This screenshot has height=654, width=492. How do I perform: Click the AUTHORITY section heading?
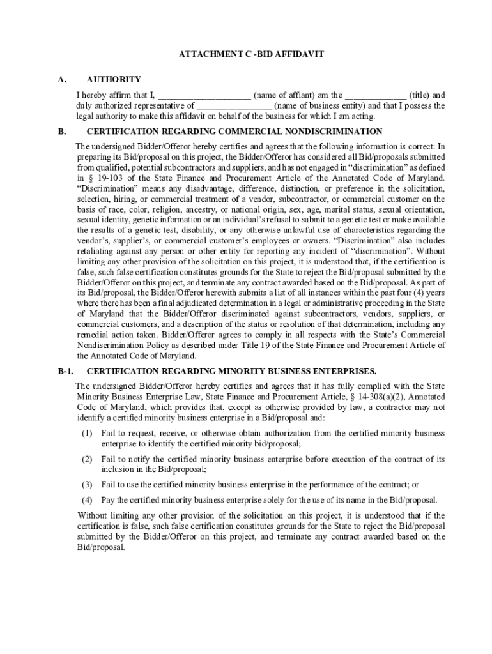point(114,80)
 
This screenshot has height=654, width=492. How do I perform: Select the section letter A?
point(61,80)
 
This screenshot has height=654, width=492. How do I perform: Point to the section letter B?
point(61,132)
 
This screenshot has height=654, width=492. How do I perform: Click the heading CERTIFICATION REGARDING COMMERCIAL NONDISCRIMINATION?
point(234,132)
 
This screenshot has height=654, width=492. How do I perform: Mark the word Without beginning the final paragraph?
point(94,516)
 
